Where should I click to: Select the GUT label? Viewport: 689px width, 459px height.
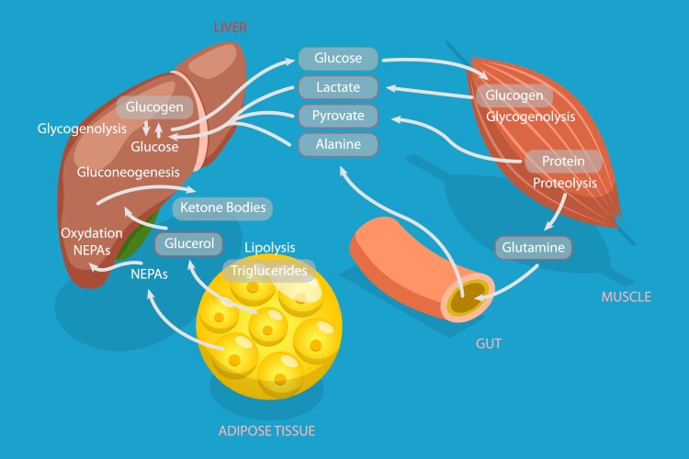(489, 343)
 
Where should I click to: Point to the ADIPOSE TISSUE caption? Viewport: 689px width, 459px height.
(265, 430)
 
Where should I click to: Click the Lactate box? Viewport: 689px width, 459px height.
(337, 87)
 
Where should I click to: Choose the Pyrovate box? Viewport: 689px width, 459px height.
(337, 116)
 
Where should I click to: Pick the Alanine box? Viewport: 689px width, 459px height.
(337, 144)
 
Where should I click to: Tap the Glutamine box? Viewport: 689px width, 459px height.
(534, 247)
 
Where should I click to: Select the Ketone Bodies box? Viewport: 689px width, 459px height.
(222, 207)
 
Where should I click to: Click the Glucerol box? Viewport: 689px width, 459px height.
(190, 243)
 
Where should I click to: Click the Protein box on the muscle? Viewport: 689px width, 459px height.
(563, 162)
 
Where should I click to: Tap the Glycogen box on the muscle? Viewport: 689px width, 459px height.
(514, 95)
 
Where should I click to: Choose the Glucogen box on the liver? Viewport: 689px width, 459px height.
(154, 106)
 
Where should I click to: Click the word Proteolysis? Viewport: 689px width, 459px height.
(565, 183)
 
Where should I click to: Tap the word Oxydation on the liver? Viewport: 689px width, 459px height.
(92, 233)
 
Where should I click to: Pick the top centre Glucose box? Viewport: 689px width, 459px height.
(337, 59)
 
